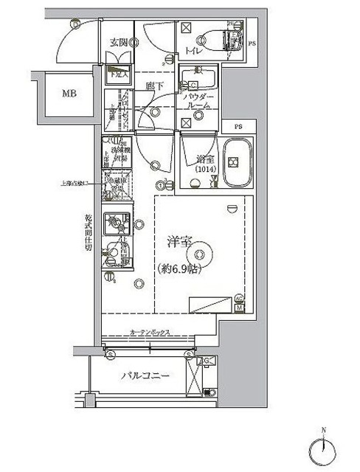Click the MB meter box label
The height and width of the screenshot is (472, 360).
pos(68,94)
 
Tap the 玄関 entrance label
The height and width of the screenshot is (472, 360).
pos(119,42)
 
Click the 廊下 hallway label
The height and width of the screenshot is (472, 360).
pos(153,87)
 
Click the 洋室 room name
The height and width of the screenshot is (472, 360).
pos(177,241)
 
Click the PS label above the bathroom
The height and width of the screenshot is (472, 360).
pos(238,127)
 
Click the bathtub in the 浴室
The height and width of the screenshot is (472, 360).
pos(238,163)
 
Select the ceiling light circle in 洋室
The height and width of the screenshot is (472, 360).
pos(196,253)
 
